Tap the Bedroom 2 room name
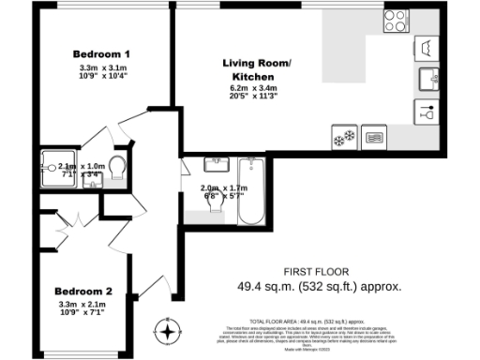(x=82, y=290)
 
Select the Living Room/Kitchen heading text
(x=257, y=68)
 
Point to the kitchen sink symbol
(x=427, y=77)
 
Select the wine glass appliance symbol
(x=427, y=111)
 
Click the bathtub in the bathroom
(x=251, y=193)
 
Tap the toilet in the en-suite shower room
(x=117, y=167)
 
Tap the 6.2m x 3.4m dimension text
(x=257, y=89)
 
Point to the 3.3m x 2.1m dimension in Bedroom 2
(x=82, y=305)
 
